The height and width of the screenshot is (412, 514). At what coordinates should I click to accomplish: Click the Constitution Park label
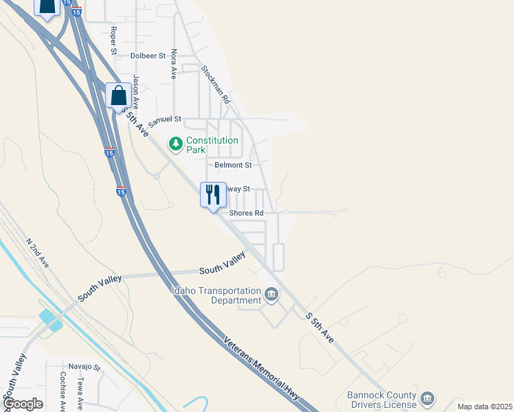click(x=212, y=144)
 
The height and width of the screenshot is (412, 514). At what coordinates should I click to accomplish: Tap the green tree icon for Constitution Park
click(x=177, y=144)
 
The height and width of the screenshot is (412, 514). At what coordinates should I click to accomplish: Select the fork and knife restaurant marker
click(x=213, y=194)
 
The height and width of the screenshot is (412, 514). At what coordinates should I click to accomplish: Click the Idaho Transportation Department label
click(x=216, y=295)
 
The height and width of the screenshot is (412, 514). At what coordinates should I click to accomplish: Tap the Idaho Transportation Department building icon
click(x=271, y=295)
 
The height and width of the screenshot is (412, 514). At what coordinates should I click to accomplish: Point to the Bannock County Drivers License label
click(x=381, y=400)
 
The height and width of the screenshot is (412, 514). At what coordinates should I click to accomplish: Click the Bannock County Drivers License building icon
click(x=427, y=399)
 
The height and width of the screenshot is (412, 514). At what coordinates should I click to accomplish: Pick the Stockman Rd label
click(x=215, y=84)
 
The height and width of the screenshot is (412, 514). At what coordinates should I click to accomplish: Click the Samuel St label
click(x=164, y=119)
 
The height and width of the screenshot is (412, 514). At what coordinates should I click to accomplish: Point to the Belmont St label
click(x=233, y=165)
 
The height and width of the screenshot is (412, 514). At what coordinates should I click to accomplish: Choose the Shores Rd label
click(x=247, y=213)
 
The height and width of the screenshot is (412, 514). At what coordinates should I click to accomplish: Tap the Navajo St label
click(x=85, y=367)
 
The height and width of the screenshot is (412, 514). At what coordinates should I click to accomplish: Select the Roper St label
click(x=114, y=40)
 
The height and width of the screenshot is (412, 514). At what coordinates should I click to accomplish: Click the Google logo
click(x=23, y=404)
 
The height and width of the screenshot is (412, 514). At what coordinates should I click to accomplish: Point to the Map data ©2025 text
click(x=484, y=407)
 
